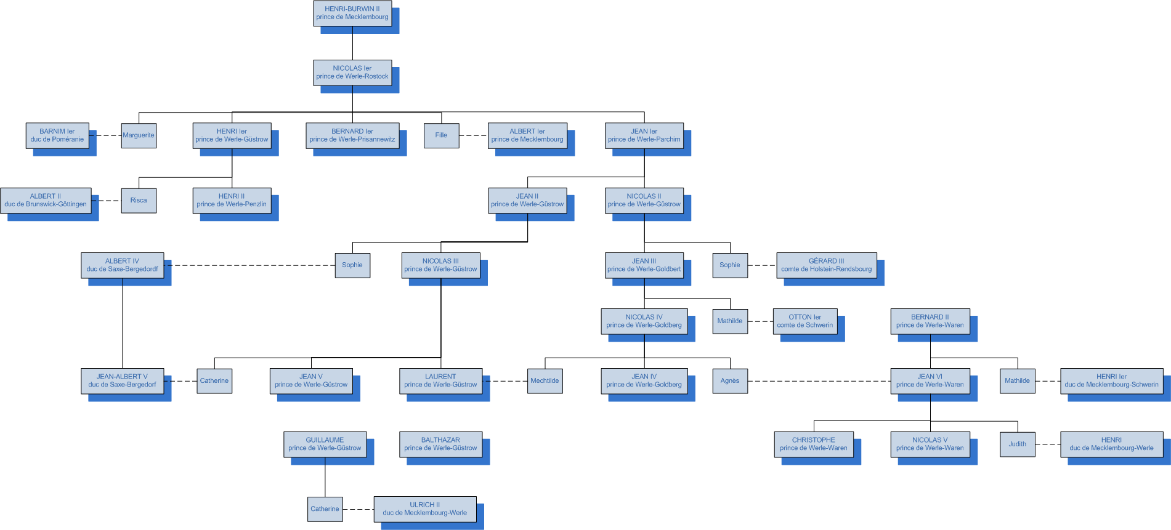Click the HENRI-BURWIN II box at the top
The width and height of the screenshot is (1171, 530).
point(352,13)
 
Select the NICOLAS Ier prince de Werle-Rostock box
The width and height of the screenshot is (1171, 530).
point(352,73)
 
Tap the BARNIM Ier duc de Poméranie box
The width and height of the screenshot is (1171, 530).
point(57,135)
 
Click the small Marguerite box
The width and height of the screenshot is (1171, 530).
point(139,135)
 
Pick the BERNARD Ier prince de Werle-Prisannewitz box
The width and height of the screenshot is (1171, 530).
point(352,135)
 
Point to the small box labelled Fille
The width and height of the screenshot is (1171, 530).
point(441,135)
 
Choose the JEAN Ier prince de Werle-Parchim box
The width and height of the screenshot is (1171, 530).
point(644,135)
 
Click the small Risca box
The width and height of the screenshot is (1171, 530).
point(139,201)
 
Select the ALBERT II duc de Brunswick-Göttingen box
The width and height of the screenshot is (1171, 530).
point(46,201)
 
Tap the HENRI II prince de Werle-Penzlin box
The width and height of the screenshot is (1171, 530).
point(232,201)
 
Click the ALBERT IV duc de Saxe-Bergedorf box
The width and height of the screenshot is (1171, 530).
point(122,265)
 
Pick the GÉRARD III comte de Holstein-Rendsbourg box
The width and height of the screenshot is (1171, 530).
point(826,265)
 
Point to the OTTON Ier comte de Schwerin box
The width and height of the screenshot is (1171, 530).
point(804,321)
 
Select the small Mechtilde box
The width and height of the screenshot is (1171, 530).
point(545,381)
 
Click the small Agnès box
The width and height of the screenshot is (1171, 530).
point(730,381)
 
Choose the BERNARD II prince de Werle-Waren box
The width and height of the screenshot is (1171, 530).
point(930,321)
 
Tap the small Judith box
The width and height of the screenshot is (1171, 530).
point(1017,444)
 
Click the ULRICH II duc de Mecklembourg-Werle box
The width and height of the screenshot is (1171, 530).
point(424,509)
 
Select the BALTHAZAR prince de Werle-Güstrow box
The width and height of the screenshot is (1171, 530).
point(440,444)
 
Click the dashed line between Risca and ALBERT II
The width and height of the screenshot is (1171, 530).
point(106,201)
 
